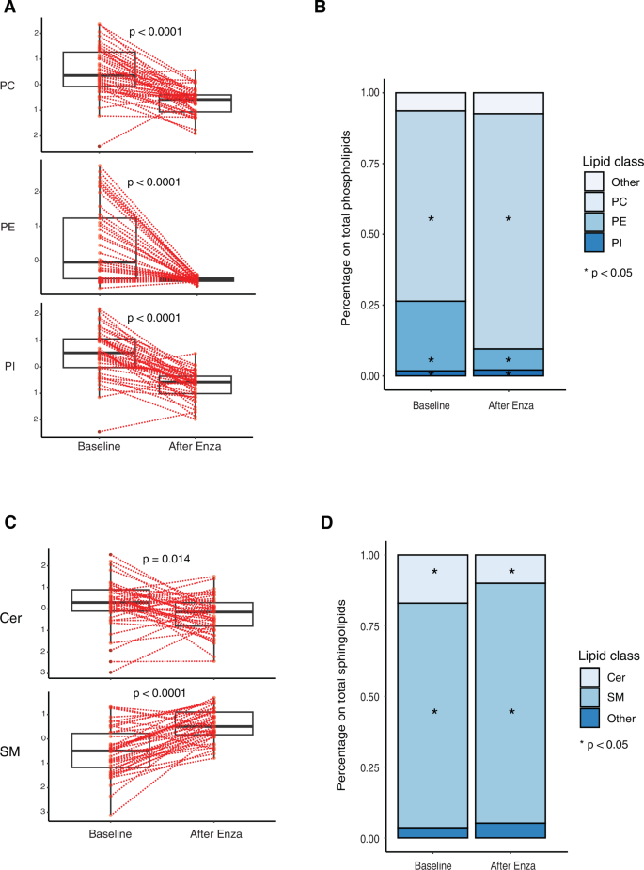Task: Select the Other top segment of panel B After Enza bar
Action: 509,103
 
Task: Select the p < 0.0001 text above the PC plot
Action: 154,32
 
